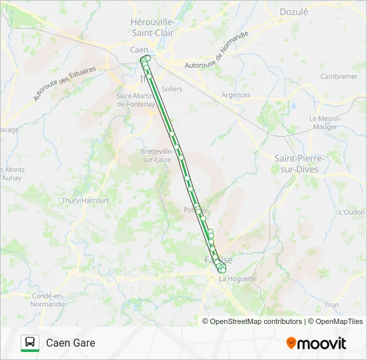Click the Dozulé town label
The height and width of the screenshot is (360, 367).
point(294,11)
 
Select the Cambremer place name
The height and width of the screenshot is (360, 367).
point(339,77)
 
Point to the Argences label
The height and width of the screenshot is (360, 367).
point(236,95)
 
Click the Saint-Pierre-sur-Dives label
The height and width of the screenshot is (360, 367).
point(300,163)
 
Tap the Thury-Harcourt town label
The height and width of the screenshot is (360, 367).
point(85,200)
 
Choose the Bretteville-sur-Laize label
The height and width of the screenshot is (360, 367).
point(157,155)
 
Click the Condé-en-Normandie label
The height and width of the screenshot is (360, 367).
point(47,299)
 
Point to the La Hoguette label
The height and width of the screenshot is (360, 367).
point(238,279)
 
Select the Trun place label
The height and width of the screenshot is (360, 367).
point(332,304)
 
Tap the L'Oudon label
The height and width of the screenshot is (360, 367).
point(352,212)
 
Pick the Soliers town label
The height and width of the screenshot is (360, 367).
point(171,89)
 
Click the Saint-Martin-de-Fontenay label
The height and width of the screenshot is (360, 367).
point(135,99)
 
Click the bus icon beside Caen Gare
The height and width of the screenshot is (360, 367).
point(30,343)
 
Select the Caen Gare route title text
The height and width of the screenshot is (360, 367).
point(70,343)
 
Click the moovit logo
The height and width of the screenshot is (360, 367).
point(316,343)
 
